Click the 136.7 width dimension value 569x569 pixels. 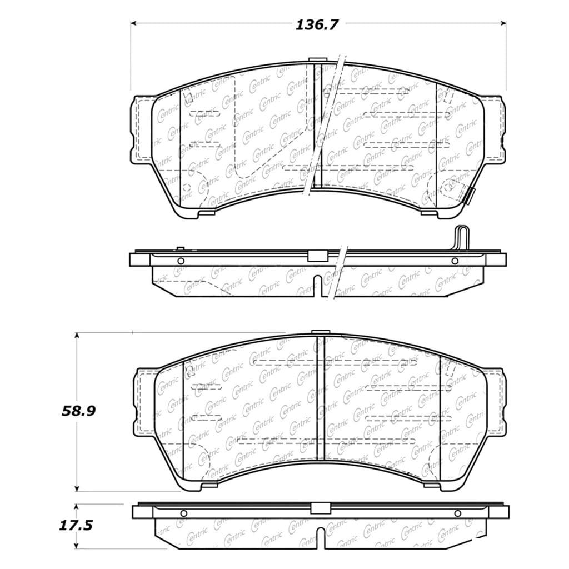point(316,25)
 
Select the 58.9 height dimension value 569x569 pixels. point(79,411)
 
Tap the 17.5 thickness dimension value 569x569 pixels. point(76,526)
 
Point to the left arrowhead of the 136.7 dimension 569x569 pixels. point(133,23)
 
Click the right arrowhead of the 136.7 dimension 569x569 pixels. point(503,23)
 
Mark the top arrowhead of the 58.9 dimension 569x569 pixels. point(77,335)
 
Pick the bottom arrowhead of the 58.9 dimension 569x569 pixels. point(77,489)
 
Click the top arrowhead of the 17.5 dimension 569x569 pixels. point(76,507)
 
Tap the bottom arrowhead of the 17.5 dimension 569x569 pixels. point(76,546)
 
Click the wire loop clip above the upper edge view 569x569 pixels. point(461,238)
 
